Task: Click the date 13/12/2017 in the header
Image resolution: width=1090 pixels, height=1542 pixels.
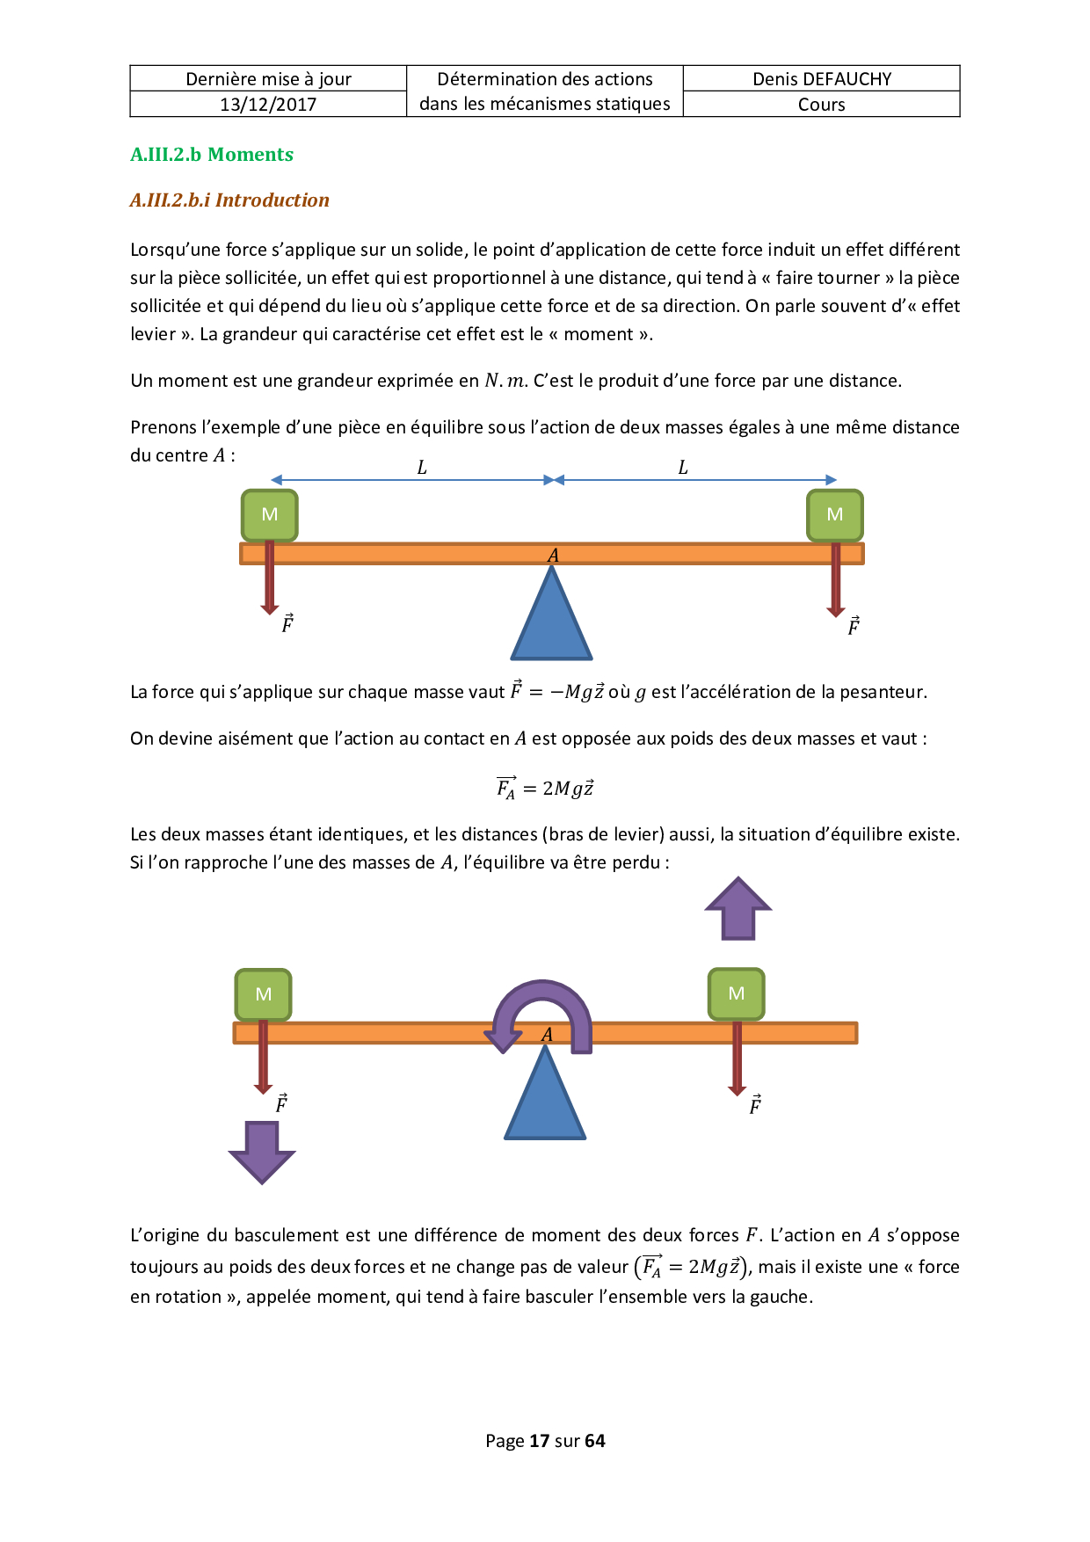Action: (x=268, y=105)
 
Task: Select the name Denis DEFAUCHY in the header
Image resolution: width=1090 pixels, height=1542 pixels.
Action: (x=822, y=79)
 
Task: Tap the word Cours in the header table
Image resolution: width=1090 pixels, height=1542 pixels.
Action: (x=822, y=105)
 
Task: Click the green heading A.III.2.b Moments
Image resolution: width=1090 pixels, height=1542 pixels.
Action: (x=212, y=155)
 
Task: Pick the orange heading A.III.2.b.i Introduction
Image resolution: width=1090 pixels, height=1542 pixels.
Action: (x=229, y=200)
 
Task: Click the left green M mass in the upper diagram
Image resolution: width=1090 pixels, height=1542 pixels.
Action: (x=270, y=514)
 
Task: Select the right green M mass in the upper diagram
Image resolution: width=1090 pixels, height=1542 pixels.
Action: (x=835, y=514)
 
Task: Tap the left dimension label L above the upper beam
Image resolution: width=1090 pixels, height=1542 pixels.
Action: (x=422, y=468)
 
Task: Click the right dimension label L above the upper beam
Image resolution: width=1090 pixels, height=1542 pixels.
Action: (x=683, y=468)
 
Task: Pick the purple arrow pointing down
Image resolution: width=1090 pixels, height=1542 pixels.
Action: (x=262, y=1152)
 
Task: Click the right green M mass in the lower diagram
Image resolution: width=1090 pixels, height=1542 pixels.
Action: (x=737, y=993)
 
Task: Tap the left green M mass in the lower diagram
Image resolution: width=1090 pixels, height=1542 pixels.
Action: (x=263, y=994)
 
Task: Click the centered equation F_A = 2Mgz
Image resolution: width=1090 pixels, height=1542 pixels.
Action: (x=545, y=788)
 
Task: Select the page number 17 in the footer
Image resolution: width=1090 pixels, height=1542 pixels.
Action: (x=539, y=1440)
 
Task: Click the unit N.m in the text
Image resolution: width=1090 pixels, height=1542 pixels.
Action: (x=505, y=381)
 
